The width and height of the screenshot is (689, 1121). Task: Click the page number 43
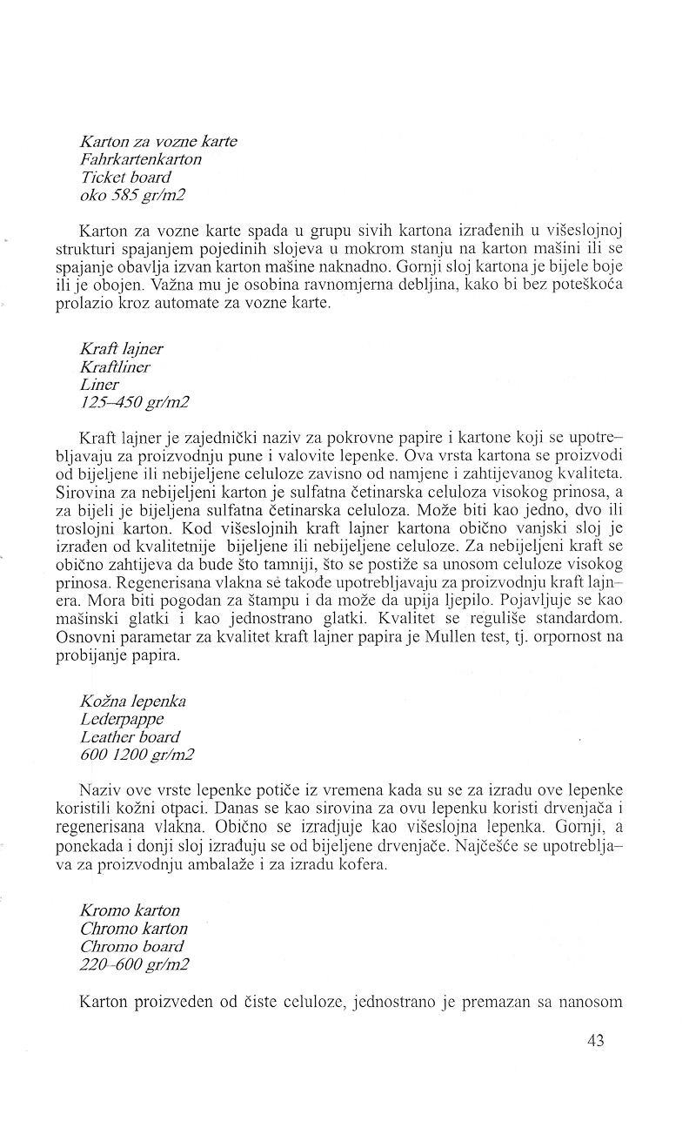tap(595, 1040)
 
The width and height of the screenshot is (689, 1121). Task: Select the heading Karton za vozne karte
tap(157, 141)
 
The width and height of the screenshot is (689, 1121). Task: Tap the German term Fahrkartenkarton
tap(140, 159)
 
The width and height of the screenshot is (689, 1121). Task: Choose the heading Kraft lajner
tap(121, 349)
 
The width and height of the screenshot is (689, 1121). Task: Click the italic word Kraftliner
tap(115, 367)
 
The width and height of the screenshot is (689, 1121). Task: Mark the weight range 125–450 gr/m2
tap(134, 403)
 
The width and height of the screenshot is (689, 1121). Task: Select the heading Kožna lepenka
tap(132, 701)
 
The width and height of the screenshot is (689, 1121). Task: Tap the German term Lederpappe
tap(121, 720)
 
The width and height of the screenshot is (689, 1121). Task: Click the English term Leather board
tap(130, 738)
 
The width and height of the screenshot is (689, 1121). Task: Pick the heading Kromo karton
tap(130, 910)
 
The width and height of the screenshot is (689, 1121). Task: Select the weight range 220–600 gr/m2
tap(134, 964)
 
